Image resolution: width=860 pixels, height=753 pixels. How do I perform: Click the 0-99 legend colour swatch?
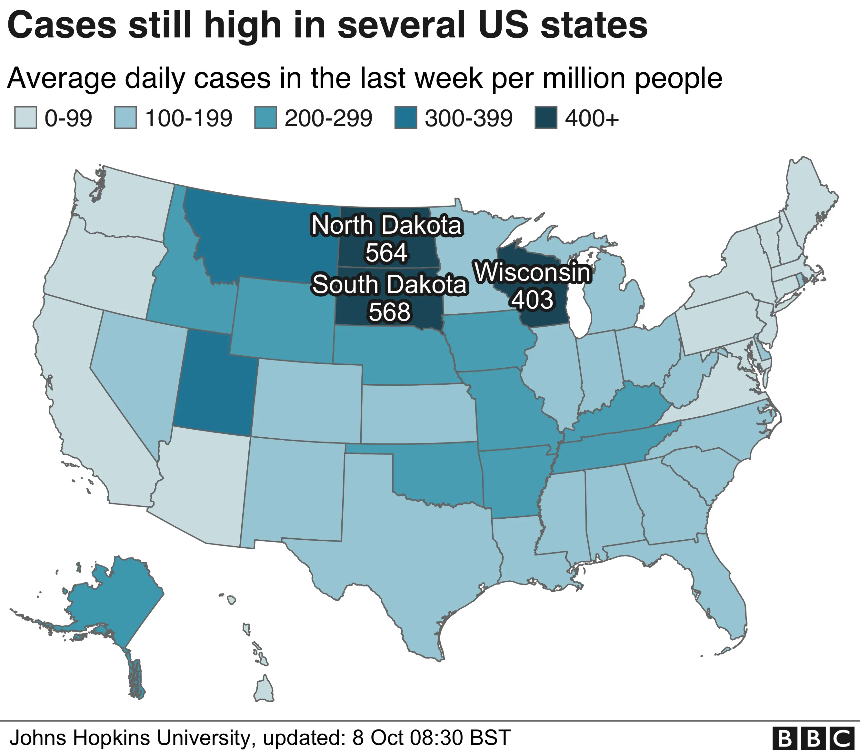[25, 118]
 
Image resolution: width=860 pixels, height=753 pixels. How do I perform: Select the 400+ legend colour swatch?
[546, 118]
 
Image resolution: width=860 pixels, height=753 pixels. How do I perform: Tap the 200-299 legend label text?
[328, 118]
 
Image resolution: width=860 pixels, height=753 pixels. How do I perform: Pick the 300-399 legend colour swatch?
[405, 118]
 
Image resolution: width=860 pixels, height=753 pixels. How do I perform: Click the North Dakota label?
[387, 226]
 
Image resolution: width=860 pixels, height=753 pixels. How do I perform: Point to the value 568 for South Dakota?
[389, 312]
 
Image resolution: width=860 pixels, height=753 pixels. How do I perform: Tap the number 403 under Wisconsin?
[533, 300]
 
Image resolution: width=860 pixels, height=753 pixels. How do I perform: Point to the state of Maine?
[806, 198]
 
